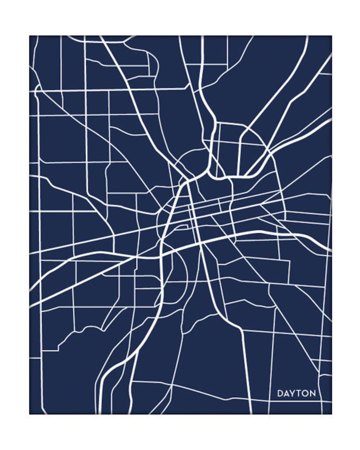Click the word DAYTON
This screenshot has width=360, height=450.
297,393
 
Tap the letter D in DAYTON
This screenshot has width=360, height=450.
280,393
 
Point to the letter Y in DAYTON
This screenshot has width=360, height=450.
293,393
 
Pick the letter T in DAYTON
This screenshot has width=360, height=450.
299,393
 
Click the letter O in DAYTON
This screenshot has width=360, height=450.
305,393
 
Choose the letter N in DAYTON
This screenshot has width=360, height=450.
312,393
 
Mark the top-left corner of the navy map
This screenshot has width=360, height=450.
30,36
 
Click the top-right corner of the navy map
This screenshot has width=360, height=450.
332,36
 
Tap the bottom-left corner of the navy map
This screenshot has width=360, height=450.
30,414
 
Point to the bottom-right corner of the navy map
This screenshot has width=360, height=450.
332,414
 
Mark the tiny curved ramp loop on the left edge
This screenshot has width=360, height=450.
37,90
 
